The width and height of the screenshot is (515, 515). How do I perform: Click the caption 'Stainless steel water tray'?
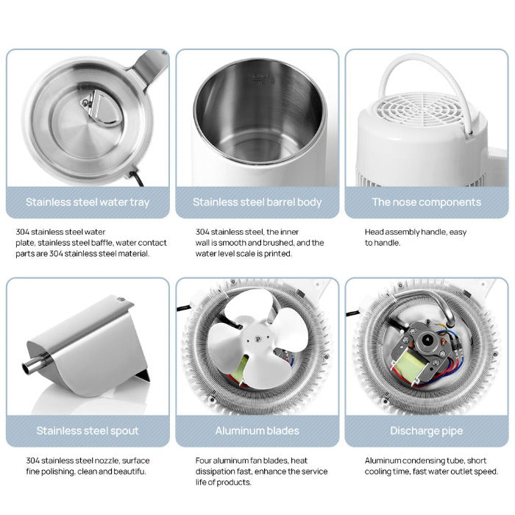(88, 202)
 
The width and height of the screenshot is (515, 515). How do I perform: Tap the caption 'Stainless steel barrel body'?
(257, 202)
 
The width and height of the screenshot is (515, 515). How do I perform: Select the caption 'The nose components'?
(426, 202)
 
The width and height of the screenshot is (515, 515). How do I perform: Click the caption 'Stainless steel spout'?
(88, 430)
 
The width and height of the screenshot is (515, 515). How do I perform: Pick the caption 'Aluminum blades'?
(257, 430)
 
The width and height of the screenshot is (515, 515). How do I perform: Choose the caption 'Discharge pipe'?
(426, 430)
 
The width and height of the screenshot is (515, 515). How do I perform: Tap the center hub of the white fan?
(257, 338)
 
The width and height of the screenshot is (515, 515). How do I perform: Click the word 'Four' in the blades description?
(205, 461)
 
